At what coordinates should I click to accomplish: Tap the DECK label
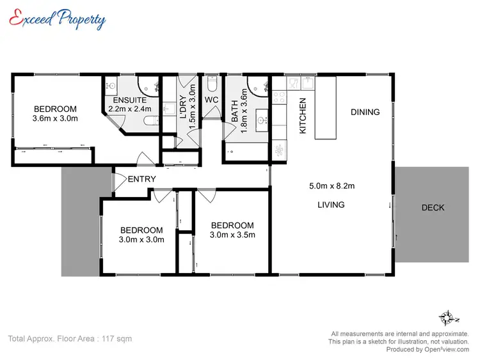[x=433, y=207]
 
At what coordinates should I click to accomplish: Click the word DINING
[x=365, y=112]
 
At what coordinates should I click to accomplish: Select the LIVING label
[x=331, y=205]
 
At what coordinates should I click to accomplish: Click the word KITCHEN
[x=303, y=115]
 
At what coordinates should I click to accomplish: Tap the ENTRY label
[x=141, y=179]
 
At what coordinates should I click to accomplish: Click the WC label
[x=212, y=100]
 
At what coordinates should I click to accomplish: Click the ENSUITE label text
[x=131, y=100]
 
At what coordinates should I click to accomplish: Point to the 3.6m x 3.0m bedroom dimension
[x=55, y=118]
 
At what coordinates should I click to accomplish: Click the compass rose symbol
[x=449, y=318]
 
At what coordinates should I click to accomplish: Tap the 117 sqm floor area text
[x=69, y=338]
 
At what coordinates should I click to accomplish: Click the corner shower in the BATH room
[x=259, y=86]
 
